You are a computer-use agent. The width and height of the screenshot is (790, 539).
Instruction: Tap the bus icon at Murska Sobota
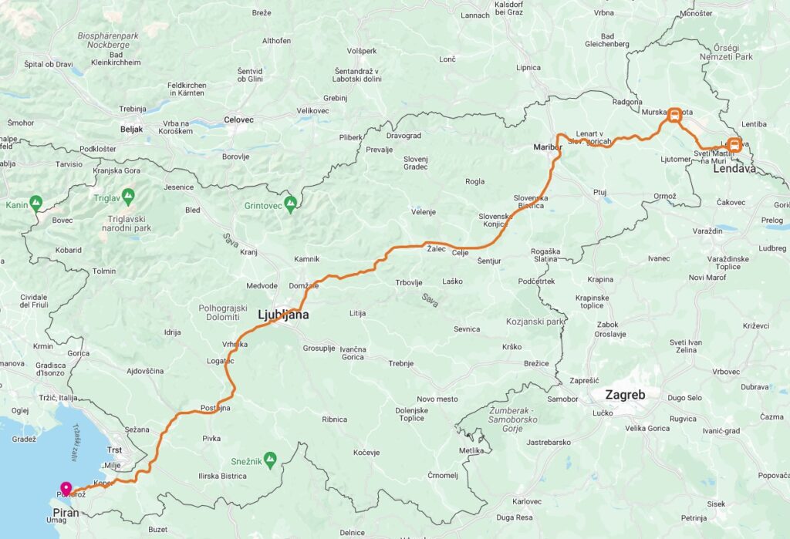pyautogui.click(x=674, y=116)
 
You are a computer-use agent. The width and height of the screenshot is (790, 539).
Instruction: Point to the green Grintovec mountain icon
pyautogui.click(x=290, y=204)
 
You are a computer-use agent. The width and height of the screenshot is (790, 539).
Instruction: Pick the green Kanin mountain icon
pyautogui.click(x=35, y=204)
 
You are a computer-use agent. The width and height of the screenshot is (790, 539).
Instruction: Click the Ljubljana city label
pyautogui.click(x=282, y=315)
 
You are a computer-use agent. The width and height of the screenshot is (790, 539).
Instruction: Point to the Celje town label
pyautogui.click(x=460, y=253)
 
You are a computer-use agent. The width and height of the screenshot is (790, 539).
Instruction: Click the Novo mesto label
pyautogui.click(x=437, y=399)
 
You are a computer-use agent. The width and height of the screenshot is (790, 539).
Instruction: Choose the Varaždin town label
pyautogui.click(x=706, y=231)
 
